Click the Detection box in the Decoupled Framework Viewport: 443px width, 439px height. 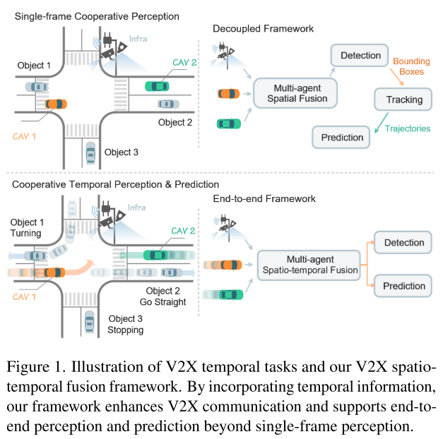(x=360, y=55)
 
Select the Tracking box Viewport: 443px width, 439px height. (x=404, y=100)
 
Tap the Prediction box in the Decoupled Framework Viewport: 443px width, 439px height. (x=342, y=137)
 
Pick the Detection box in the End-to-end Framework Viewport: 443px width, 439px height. (x=403, y=243)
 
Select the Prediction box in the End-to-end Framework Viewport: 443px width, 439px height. (x=403, y=286)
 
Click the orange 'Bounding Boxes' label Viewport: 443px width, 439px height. (x=411, y=67)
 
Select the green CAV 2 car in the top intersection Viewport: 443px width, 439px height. (x=157, y=86)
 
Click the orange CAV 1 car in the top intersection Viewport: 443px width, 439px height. (x=55, y=104)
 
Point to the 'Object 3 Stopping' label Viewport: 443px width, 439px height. (x=124, y=324)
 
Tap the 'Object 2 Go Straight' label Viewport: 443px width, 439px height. (x=160, y=296)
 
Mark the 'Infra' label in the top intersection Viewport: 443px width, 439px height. (x=138, y=39)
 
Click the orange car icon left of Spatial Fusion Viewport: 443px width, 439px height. (x=228, y=92)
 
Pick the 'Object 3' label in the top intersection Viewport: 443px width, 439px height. (x=122, y=152)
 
